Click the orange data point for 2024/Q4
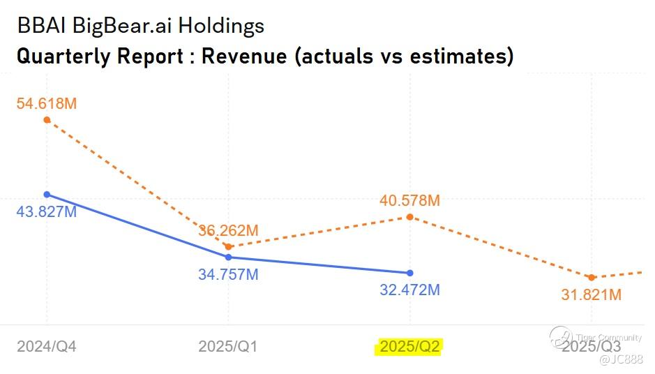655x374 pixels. pyautogui.click(x=47, y=120)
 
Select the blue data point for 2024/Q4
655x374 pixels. pyautogui.click(x=47, y=194)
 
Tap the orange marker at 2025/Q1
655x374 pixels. pyautogui.click(x=228, y=246)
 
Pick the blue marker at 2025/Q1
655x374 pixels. pyautogui.click(x=228, y=257)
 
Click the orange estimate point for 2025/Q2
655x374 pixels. pyautogui.click(x=409, y=217)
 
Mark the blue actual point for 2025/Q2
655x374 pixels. pyautogui.click(x=409, y=273)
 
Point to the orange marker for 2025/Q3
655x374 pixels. pyautogui.click(x=592, y=278)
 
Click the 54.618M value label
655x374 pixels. pyautogui.click(x=47, y=103)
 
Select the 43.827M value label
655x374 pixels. pyautogui.click(x=47, y=211)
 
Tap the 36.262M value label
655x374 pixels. pyautogui.click(x=228, y=230)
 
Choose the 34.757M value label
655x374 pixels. pyautogui.click(x=228, y=275)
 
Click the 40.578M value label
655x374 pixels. pyautogui.click(x=409, y=200)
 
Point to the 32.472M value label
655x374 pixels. pyautogui.click(x=409, y=290)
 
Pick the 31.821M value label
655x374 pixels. pyautogui.click(x=592, y=295)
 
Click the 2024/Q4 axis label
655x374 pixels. pyautogui.click(x=47, y=346)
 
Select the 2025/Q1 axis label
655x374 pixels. pyautogui.click(x=228, y=346)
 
